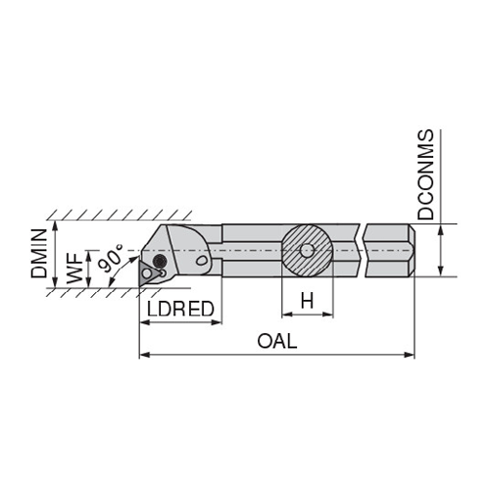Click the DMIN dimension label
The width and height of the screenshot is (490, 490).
click(39, 254)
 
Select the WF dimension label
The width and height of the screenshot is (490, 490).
click(74, 269)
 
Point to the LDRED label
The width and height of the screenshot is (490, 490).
click(180, 309)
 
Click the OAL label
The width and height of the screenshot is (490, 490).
click(277, 341)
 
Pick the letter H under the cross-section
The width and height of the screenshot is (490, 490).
click(307, 301)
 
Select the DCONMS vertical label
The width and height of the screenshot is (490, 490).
click(425, 174)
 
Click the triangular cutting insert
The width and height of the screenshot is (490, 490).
click(149, 271)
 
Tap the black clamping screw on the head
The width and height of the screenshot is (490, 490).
click(160, 261)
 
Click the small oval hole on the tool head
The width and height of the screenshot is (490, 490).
click(202, 261)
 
